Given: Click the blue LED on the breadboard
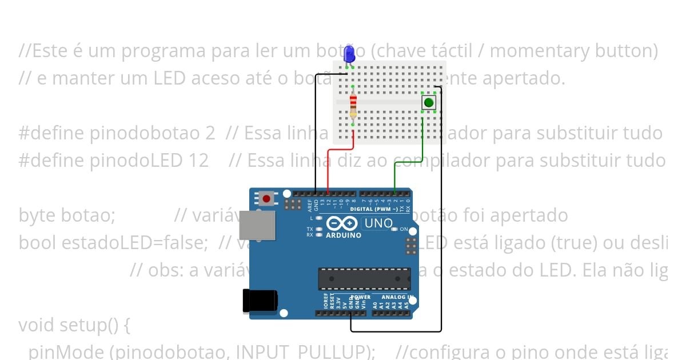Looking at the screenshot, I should click(x=349, y=55).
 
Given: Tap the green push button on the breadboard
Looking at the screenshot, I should click(x=428, y=103).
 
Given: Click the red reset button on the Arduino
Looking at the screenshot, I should click(x=266, y=199).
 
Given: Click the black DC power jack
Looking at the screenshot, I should click(x=260, y=301).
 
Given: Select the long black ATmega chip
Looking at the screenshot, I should click(x=364, y=278).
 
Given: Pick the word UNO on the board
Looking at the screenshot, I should click(x=378, y=223).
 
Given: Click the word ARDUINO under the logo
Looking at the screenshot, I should click(x=343, y=235).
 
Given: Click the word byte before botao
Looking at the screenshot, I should click(x=37, y=216).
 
